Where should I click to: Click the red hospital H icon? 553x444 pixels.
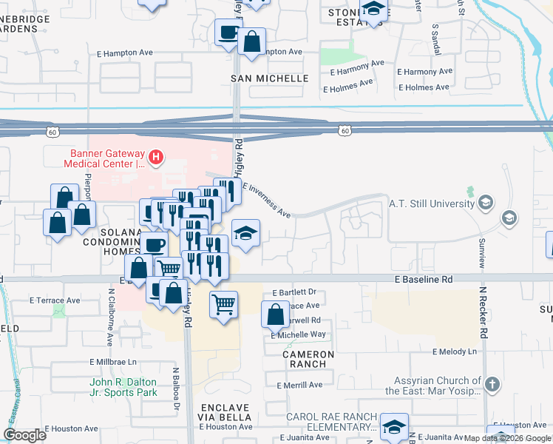(x=156, y=156)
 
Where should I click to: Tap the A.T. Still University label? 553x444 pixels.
(x=432, y=203)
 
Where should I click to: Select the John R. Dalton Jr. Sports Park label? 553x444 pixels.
(x=123, y=387)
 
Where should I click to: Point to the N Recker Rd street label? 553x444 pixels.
(x=484, y=312)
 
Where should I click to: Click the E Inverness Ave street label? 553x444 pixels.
(x=266, y=201)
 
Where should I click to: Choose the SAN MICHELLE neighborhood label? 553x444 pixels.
(x=269, y=78)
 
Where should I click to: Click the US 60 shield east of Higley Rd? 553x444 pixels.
(x=345, y=131)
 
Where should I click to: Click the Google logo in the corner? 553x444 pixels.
(x=24, y=435)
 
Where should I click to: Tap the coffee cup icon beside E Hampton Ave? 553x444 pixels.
(x=228, y=33)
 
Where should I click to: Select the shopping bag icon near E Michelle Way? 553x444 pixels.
(x=275, y=314)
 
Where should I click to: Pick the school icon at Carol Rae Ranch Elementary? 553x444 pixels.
(x=395, y=426)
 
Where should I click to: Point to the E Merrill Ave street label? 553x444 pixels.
(x=299, y=386)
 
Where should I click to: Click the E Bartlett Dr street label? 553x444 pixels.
(x=294, y=292)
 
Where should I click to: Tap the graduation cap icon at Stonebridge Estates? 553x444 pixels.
(x=374, y=9)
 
